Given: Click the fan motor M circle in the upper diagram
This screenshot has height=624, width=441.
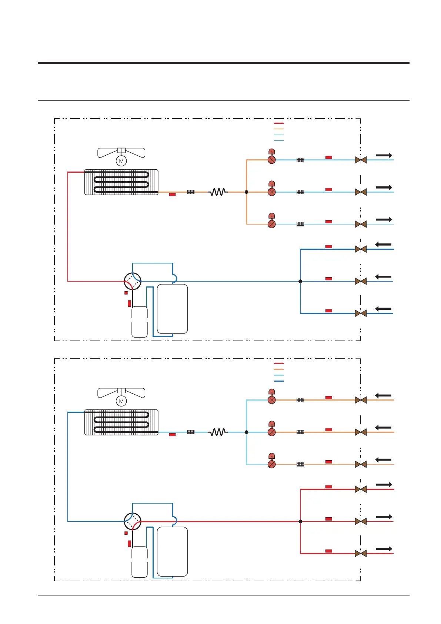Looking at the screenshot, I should pos(121,161).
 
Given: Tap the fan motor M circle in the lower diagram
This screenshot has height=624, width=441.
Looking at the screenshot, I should pos(121,401).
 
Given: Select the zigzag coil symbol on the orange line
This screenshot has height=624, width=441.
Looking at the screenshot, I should pos(218,192).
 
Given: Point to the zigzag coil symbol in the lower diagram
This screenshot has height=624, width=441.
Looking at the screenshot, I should pos(218,432).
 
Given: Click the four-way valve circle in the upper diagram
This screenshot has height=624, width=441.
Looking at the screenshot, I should pos(133,281).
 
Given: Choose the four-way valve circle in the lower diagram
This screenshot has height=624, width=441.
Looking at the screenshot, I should pos(133,521).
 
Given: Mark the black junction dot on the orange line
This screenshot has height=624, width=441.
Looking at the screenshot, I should pos(246,192).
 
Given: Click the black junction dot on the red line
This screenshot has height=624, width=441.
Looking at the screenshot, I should pos(300,521).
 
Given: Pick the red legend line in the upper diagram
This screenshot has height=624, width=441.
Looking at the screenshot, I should pos(279,123).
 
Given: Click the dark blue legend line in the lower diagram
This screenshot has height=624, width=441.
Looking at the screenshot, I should pos(279,381).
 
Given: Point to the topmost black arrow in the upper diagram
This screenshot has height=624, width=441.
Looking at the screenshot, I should pos(384,155).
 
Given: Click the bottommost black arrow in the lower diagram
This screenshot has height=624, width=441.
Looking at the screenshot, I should pos(384,549).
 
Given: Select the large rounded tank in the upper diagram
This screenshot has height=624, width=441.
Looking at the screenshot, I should pos(172,309).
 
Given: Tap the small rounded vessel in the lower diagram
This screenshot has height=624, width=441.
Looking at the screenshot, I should pos(140,562).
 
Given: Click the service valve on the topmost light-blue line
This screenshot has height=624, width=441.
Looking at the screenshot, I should pos(361,160).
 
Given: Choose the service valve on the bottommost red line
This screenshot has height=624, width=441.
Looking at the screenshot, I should pos(361,554).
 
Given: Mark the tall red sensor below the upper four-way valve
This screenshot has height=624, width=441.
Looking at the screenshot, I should pos(129,303).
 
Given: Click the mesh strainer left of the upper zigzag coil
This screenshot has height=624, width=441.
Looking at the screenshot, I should pos(191,192).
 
